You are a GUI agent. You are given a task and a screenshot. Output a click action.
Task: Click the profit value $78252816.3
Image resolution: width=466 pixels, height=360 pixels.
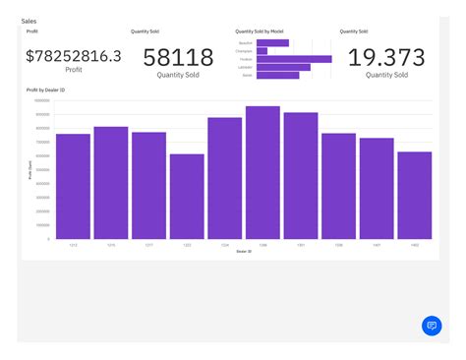[74, 56]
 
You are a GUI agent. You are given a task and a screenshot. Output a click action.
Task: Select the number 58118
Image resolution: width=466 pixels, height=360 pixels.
[178, 57]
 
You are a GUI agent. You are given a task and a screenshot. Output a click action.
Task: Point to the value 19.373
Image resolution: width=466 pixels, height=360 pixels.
[386, 57]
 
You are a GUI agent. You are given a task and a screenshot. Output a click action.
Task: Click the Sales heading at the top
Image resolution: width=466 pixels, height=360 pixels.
[29, 21]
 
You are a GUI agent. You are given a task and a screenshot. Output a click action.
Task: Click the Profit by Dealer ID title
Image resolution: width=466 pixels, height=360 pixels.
[46, 90]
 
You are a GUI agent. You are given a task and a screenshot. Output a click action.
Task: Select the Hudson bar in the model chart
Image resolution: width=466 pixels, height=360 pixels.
[293, 59]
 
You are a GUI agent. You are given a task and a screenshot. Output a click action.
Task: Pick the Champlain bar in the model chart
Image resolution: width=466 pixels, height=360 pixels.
[262, 51]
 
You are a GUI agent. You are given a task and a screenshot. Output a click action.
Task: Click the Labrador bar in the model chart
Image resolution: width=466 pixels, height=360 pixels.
[283, 67]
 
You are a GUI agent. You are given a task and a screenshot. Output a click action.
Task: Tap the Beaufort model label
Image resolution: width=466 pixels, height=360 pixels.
[246, 43]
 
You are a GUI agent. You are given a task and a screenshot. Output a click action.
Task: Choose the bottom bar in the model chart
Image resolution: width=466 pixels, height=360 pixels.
[277, 75]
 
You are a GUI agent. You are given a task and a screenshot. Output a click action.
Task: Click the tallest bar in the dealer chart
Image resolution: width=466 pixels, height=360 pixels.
[262, 172]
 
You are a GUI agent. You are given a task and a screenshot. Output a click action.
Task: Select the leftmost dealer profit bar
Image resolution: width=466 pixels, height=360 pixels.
[73, 186]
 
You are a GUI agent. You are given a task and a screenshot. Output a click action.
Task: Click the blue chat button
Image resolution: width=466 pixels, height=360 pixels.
[431, 326]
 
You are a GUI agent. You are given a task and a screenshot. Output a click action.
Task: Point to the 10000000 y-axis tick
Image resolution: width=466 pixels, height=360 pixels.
[42, 100]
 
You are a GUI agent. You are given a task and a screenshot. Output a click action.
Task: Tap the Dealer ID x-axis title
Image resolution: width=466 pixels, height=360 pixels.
[243, 251]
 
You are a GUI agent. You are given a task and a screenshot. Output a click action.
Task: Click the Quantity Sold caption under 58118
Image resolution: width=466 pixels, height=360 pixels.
[178, 75]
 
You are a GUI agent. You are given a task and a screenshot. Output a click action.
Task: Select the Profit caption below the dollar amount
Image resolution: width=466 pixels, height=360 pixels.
[74, 70]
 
